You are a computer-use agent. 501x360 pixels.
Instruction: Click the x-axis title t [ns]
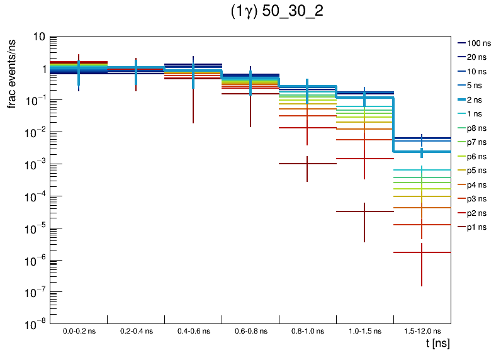(x=437, y=344)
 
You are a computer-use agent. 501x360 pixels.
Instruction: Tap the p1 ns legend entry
(x=476, y=227)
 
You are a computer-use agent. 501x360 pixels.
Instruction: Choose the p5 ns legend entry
(x=476, y=171)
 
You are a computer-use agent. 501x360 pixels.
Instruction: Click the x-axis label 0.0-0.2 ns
(x=79, y=331)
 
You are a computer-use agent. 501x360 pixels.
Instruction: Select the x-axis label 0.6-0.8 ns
(x=250, y=331)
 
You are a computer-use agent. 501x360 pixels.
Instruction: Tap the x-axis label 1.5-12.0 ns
(x=422, y=331)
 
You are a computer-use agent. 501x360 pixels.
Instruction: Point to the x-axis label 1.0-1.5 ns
(x=364, y=331)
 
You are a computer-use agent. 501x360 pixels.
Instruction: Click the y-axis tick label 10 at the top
(x=38, y=37)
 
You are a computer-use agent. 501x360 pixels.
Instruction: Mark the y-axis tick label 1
(x=42, y=69)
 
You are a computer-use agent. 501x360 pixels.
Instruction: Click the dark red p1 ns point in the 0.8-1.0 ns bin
(x=307, y=164)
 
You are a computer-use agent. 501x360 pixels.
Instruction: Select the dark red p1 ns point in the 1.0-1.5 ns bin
(x=364, y=211)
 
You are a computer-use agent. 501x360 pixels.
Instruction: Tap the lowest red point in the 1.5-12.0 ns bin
(x=422, y=252)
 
